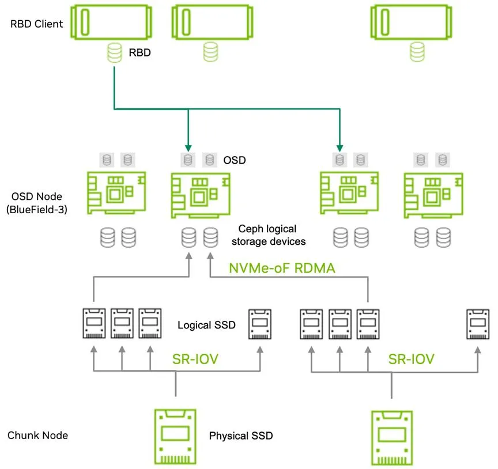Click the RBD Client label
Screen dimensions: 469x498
[x=36, y=25]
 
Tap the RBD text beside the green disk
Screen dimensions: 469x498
[x=140, y=53]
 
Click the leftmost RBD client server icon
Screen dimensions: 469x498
[x=112, y=24]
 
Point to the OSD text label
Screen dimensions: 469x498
[x=234, y=160]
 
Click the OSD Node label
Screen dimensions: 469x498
[x=33, y=197]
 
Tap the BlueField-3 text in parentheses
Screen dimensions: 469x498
[x=36, y=210]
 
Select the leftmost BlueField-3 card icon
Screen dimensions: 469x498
[x=116, y=192]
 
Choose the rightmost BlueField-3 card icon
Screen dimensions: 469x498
[x=432, y=192]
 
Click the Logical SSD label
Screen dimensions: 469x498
[x=206, y=325]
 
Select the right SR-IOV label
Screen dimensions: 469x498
[x=411, y=360]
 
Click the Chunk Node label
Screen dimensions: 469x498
[x=37, y=435]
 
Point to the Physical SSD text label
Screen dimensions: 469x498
[x=241, y=435]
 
